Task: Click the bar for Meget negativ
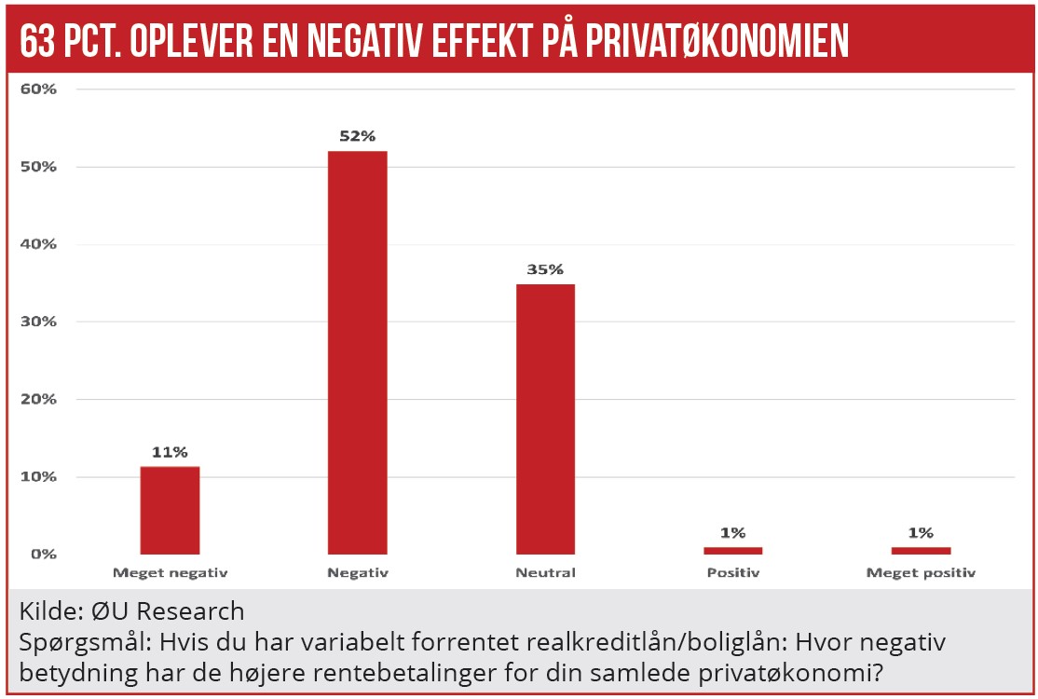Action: click(x=170, y=510)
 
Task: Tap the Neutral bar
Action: click(x=545, y=418)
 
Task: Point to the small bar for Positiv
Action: click(x=732, y=550)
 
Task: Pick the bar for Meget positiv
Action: click(x=921, y=550)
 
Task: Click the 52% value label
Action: click(x=357, y=136)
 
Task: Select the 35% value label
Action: click(x=545, y=269)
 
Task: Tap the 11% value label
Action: click(x=170, y=452)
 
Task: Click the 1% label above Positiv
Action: click(x=732, y=532)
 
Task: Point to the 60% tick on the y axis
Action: click(x=39, y=89)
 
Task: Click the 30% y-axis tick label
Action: click(x=39, y=322)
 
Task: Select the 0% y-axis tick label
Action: click(x=43, y=554)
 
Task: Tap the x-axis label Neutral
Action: click(x=545, y=572)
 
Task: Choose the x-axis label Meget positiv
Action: click(x=921, y=572)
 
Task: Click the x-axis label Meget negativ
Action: click(x=170, y=572)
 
